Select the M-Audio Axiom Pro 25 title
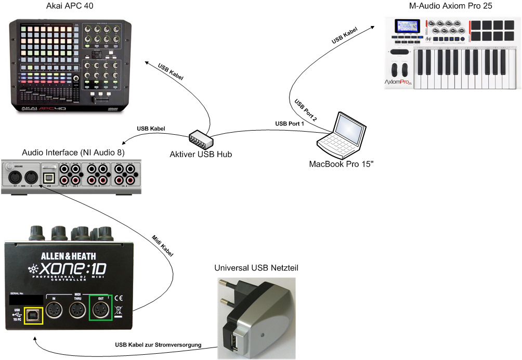(x=450, y=6)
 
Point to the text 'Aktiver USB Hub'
(x=201, y=155)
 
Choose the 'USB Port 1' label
(x=290, y=124)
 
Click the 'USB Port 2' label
(x=306, y=110)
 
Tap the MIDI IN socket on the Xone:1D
(x=54, y=311)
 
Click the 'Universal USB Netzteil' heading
(x=256, y=268)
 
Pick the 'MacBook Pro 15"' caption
(x=342, y=164)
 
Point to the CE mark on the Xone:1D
(x=118, y=298)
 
